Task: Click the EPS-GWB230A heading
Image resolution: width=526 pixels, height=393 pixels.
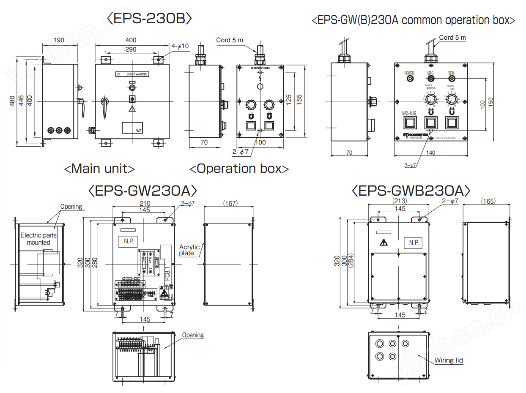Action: coord(411,191)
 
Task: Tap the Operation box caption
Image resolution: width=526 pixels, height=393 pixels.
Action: coord(239,169)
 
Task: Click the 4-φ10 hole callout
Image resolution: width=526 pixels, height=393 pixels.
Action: coord(180,46)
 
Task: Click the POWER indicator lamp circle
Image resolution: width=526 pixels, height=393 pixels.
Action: coord(410,79)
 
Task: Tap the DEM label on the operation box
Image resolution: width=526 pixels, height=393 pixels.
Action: coord(452,73)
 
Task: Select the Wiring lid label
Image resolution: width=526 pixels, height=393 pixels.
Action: coord(449,360)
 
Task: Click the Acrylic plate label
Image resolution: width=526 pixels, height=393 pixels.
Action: coord(189,250)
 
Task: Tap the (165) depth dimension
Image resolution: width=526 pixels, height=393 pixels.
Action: coord(488,201)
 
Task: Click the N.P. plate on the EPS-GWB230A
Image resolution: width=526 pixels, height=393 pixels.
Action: coord(414,243)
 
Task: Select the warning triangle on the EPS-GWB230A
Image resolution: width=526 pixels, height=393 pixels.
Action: coord(384,243)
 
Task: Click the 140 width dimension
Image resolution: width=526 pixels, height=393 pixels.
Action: coord(431,153)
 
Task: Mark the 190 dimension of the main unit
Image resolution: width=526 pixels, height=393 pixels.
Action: coord(59,40)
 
